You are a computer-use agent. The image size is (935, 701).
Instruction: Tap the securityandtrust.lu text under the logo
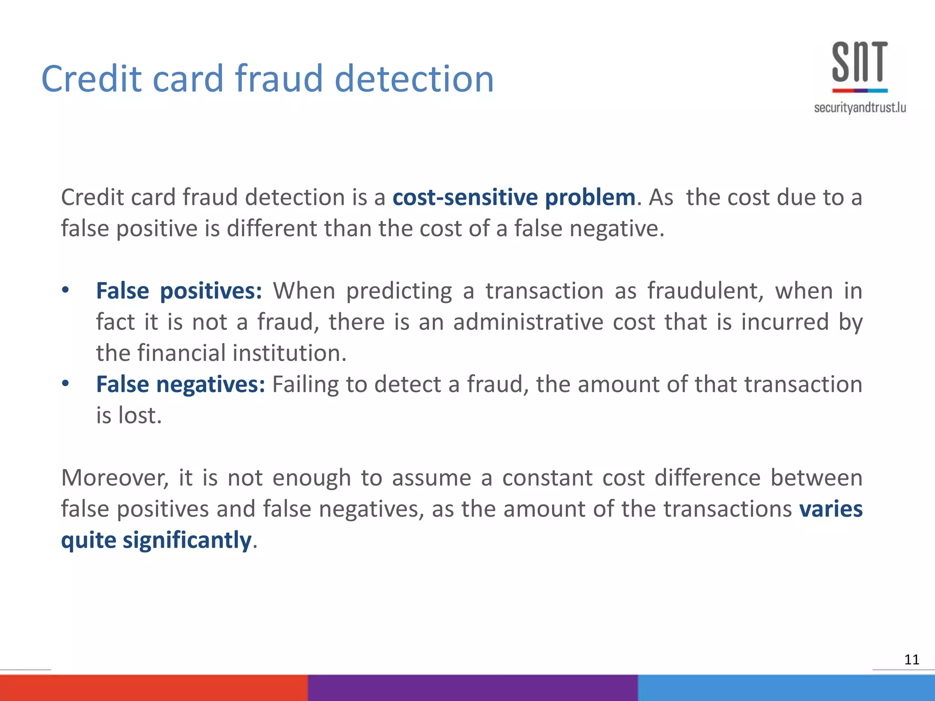coord(860,108)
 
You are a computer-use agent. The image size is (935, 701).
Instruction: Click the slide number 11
coord(911,659)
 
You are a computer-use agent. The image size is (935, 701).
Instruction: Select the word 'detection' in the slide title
coord(414,78)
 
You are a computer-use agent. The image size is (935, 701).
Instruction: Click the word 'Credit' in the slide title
coord(92,78)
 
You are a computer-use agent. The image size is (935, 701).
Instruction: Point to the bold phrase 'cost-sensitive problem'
coord(514,198)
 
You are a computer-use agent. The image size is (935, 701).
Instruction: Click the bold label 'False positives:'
coord(179,291)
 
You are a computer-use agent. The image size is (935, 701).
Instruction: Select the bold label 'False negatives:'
coord(180,384)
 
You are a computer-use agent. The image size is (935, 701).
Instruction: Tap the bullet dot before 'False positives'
coord(66,290)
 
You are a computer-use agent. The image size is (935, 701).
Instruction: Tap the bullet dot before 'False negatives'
coord(66,383)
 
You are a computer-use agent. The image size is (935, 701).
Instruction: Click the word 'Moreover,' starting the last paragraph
coord(115,478)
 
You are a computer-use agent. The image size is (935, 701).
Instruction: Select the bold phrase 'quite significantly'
coord(156,540)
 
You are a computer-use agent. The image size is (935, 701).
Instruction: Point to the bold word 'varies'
coord(830,509)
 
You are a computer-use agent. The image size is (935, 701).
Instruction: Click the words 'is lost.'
coord(129,415)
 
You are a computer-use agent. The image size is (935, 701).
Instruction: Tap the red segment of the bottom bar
coord(153,688)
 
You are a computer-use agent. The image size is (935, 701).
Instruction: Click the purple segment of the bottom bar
coord(473,688)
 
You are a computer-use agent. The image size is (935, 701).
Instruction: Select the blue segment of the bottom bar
coord(786,688)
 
